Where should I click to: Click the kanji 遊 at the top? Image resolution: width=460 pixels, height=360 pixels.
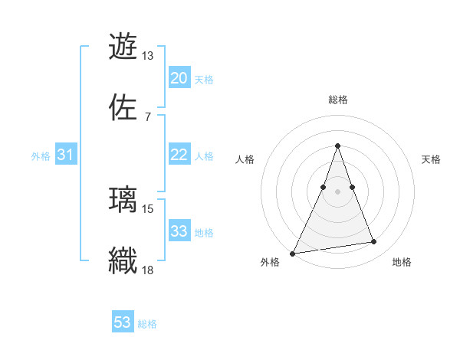point(123,46)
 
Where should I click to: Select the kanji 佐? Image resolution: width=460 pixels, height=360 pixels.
point(123,107)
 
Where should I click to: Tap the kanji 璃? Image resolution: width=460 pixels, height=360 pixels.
point(123,199)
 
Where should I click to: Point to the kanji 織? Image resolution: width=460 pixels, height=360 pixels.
point(123,260)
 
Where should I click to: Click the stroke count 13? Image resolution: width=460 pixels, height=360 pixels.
point(147,56)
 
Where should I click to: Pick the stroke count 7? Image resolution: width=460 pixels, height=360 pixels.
point(147,117)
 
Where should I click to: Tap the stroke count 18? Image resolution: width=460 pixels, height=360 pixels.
point(148,270)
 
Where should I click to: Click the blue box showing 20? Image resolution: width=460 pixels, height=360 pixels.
point(179,78)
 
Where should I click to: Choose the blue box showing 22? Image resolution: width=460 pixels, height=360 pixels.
point(179,155)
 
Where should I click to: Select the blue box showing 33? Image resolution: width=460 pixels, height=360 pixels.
point(179,231)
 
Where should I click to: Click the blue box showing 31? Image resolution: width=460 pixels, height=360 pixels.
point(66,155)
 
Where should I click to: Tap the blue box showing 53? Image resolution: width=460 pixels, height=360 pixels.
point(123,322)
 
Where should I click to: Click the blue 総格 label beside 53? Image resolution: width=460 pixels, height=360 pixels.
point(147,324)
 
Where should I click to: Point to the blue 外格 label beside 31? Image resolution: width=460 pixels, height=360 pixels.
point(41,156)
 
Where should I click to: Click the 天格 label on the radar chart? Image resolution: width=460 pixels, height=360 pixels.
point(432,159)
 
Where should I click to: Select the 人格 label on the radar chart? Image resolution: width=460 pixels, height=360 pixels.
point(245,159)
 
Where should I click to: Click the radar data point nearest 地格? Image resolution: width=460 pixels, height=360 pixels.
point(374,242)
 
